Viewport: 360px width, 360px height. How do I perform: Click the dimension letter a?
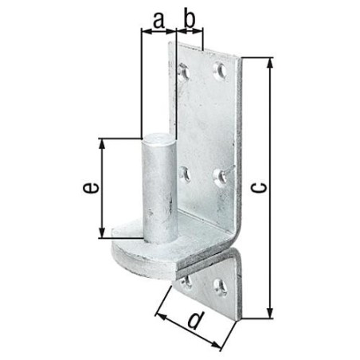[158, 21]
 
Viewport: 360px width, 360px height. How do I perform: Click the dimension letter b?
[190, 19]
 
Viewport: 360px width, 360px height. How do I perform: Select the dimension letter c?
[258, 187]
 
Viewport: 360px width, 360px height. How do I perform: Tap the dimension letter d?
[196, 320]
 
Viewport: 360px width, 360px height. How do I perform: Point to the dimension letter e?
[91, 188]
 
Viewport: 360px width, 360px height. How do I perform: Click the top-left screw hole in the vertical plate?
[184, 72]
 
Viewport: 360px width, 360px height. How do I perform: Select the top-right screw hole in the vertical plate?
[220, 70]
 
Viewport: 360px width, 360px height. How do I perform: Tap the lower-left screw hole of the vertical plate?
[185, 174]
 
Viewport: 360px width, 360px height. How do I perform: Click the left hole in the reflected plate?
[186, 282]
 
